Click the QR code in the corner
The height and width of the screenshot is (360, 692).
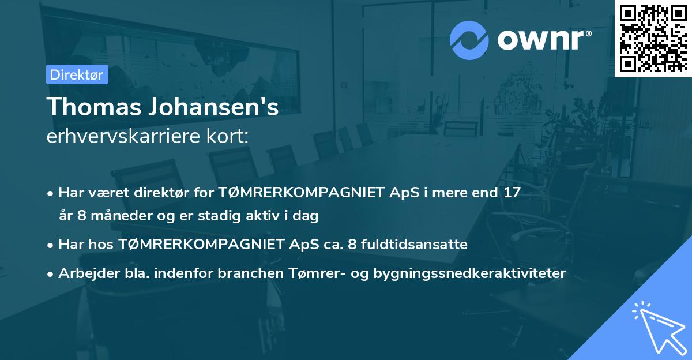click(653, 37)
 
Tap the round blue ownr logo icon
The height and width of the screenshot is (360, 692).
click(469, 40)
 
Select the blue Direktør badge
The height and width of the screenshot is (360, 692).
click(77, 74)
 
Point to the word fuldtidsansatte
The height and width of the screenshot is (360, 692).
click(415, 244)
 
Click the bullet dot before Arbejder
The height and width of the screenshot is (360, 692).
click(51, 273)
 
